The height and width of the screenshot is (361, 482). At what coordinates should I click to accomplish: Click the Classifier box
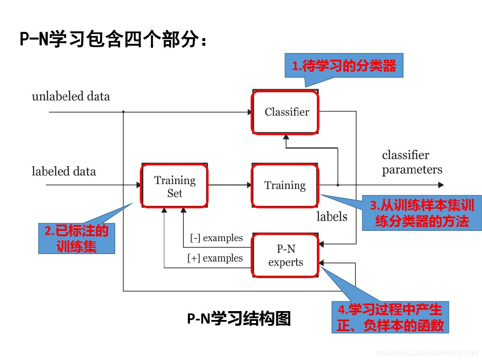[286, 112]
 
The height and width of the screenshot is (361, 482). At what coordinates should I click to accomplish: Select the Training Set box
[175, 186]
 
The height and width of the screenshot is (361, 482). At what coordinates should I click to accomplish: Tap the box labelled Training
[285, 185]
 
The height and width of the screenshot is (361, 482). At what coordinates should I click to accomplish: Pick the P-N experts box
[286, 256]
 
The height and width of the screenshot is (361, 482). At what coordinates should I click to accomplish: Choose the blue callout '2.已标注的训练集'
[76, 238]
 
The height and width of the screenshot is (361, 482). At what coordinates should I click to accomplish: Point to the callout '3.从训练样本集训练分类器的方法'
[421, 213]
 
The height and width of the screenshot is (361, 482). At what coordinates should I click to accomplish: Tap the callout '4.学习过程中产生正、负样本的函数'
[390, 317]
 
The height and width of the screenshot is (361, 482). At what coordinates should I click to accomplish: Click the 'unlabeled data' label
[71, 96]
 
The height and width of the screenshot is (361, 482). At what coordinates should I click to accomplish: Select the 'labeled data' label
[64, 172]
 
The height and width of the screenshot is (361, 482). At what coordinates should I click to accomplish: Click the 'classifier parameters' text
[412, 162]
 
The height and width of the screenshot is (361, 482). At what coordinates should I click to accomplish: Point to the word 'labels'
[332, 217]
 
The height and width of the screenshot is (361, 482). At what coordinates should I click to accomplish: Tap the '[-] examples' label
[216, 238]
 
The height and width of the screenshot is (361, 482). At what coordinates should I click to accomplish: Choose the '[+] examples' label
[215, 258]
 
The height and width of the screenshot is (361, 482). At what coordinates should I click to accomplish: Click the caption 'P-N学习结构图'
[239, 319]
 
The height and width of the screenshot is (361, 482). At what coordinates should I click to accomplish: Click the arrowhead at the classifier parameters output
[441, 185]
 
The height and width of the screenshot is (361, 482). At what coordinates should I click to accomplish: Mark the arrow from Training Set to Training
[230, 185]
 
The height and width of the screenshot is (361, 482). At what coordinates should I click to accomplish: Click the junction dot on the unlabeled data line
[123, 112]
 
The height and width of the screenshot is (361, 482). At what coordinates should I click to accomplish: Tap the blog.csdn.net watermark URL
[427, 352]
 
